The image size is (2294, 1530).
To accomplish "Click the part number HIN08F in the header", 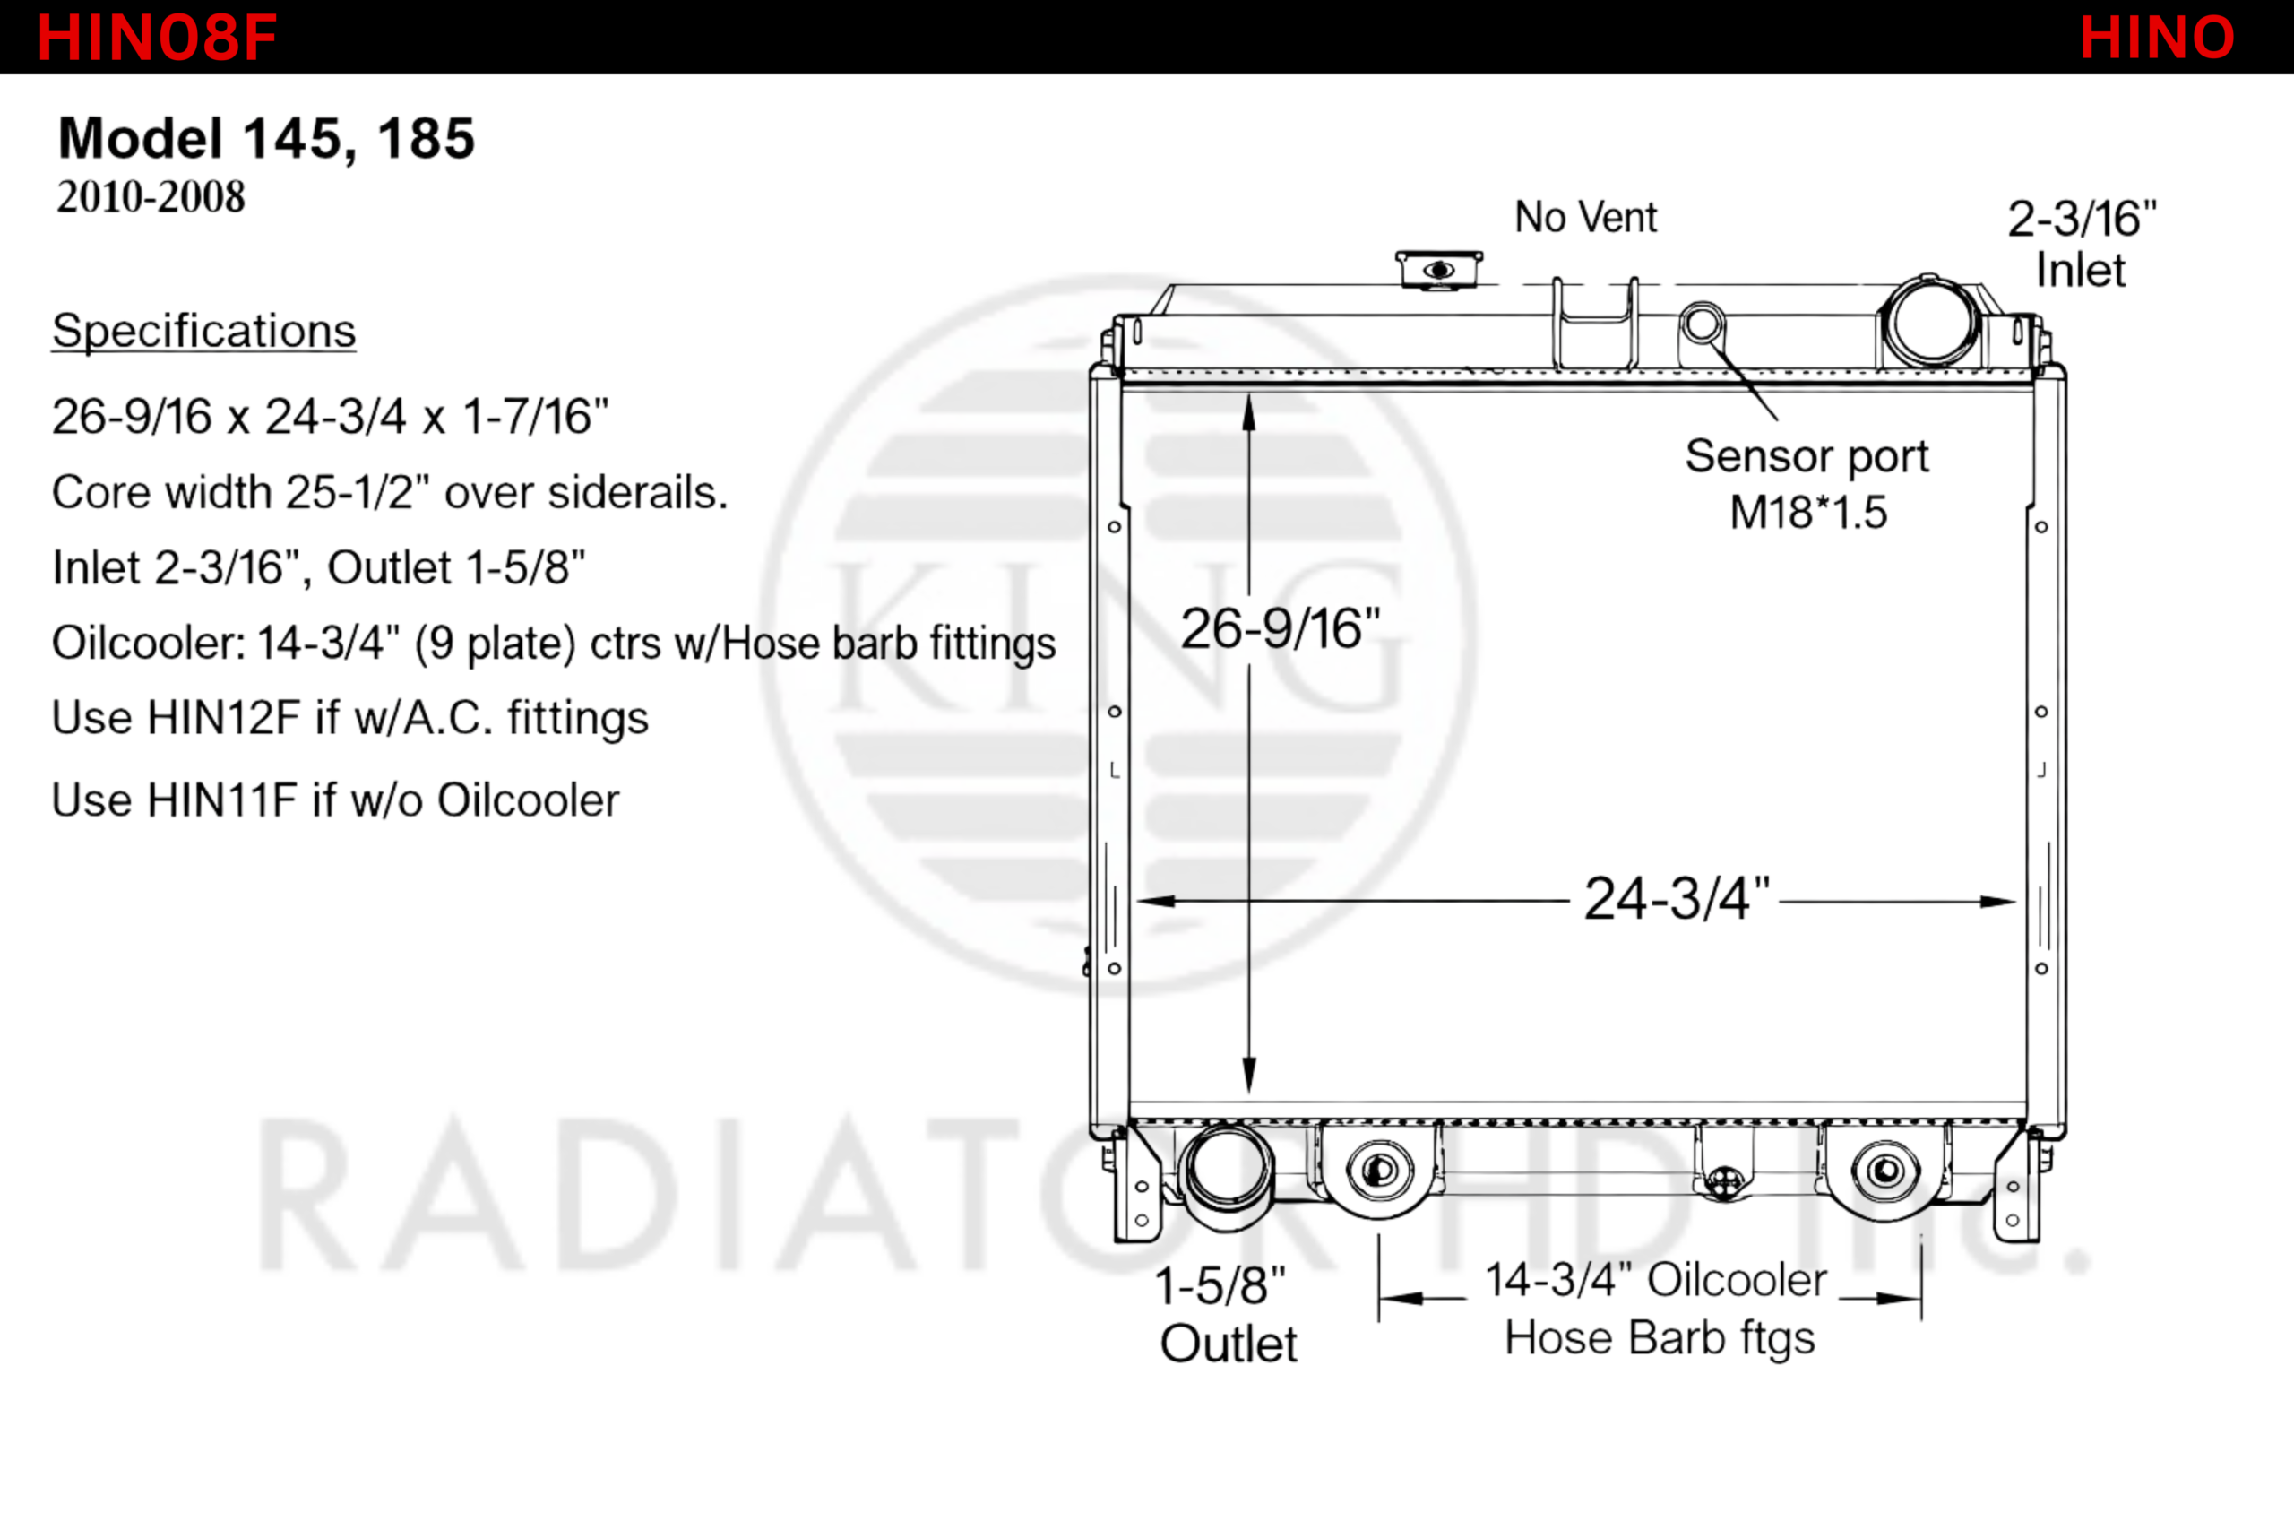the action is [x=157, y=38].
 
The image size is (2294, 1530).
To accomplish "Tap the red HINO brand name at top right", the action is [x=2157, y=38].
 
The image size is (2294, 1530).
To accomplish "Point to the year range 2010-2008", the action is [x=151, y=197].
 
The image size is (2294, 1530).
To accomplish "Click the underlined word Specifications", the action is [x=203, y=331].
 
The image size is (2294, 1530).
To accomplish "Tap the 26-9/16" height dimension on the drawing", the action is [x=1281, y=628].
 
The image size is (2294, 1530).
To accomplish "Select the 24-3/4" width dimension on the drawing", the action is [x=1676, y=899].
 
